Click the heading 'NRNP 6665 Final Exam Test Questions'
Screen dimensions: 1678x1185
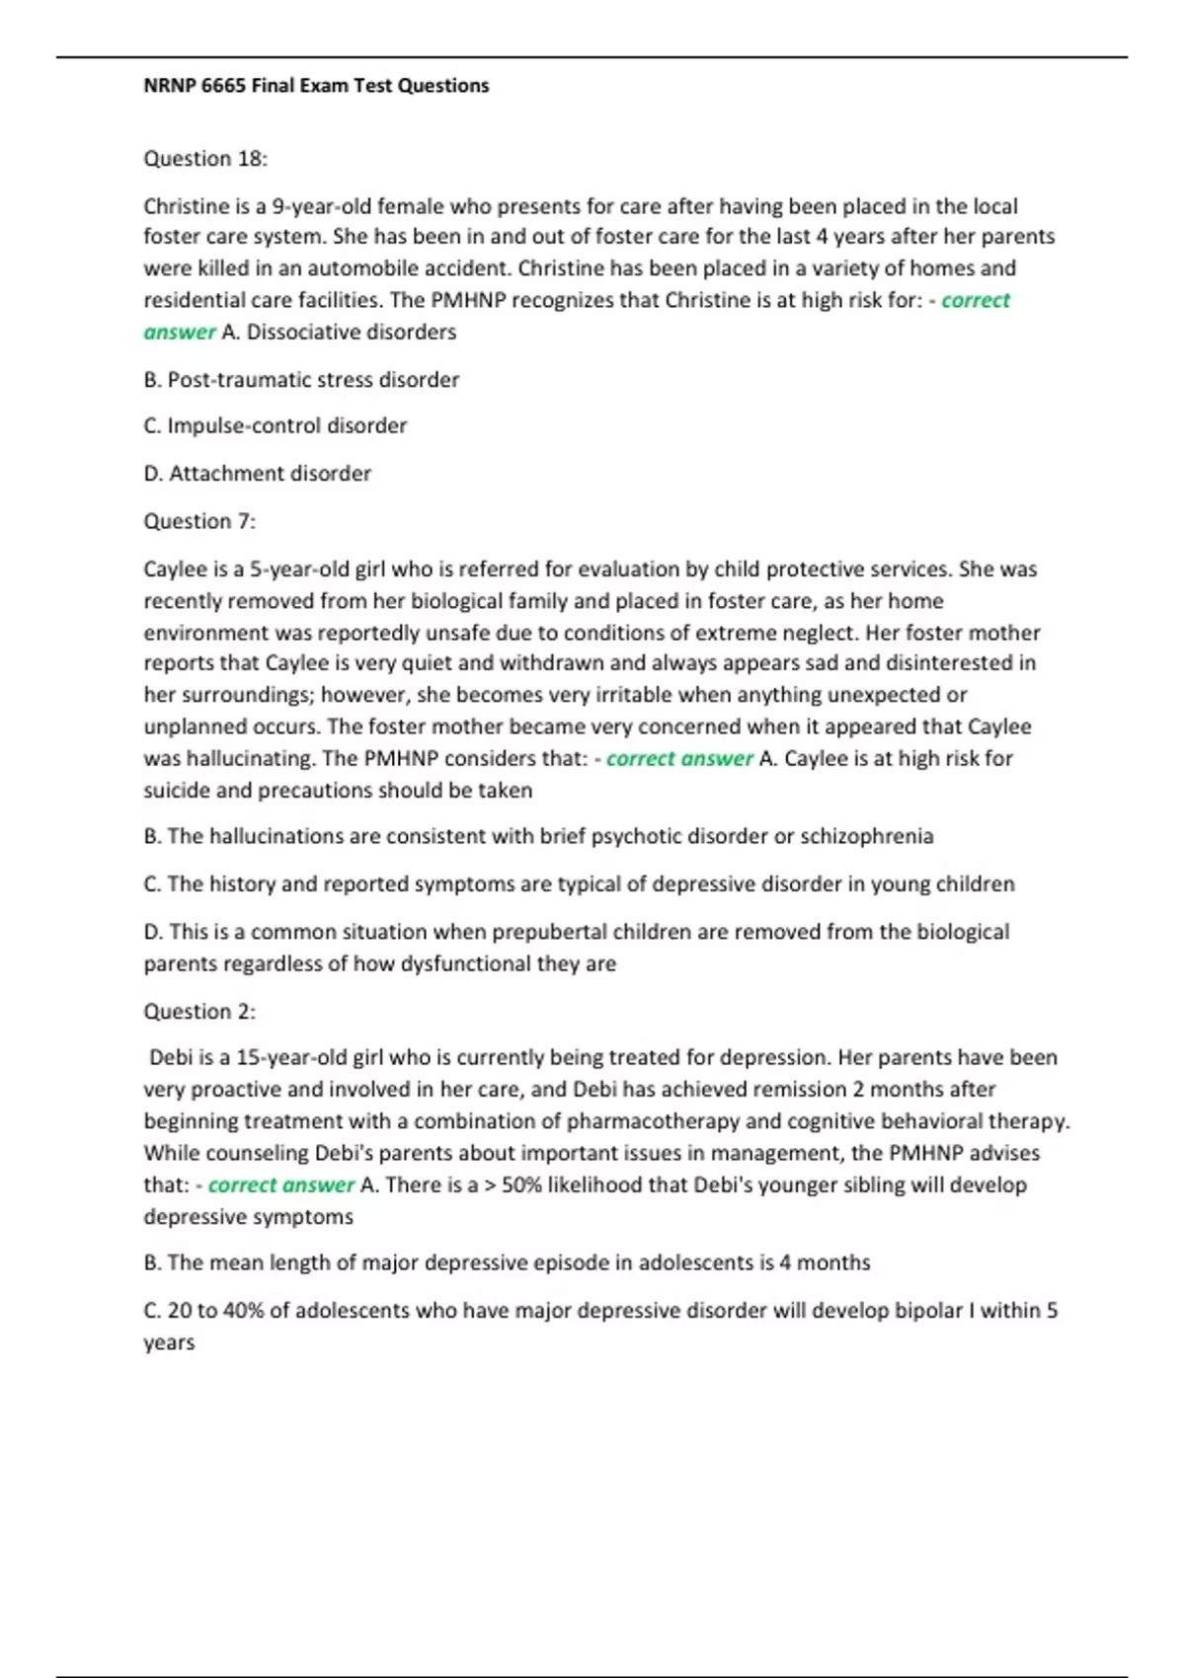316,86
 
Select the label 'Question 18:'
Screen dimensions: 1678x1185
205,159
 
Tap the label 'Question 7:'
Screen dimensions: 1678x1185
199,521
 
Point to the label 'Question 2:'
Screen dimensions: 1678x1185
199,1012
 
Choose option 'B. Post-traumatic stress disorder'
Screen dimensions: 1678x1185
301,380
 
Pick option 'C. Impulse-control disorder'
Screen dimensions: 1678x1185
276,426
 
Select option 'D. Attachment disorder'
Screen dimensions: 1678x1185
258,474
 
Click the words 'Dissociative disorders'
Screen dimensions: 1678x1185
352,333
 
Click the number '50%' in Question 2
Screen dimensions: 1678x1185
521,1185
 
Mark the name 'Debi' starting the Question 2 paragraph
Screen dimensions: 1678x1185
171,1058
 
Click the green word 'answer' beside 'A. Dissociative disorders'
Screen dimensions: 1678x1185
179,333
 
